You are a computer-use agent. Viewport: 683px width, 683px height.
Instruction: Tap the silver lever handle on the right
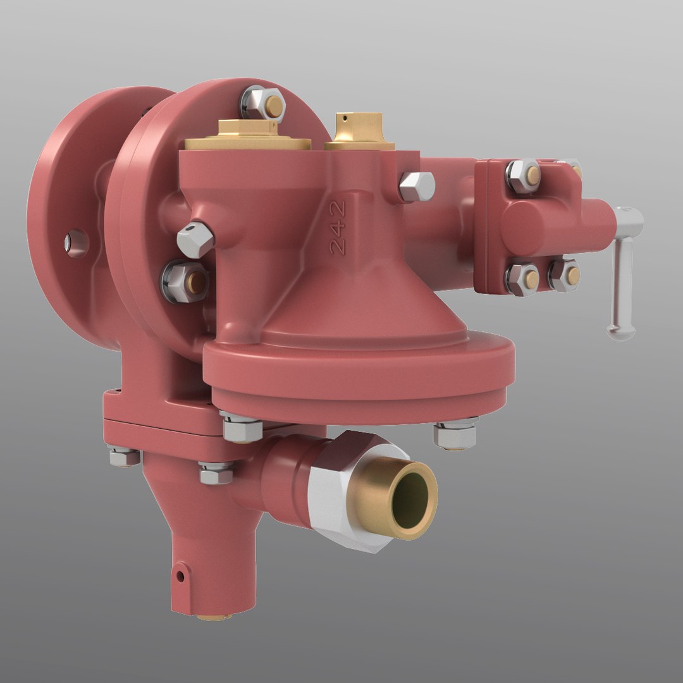(x=623, y=272)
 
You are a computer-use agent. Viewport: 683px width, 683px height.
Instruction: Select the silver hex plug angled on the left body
(x=195, y=239)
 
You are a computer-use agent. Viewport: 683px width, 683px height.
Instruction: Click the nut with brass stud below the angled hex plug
(x=186, y=281)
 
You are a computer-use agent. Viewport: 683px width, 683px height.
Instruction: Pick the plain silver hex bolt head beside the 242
(x=417, y=187)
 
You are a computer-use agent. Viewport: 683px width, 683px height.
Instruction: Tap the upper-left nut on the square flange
(x=524, y=175)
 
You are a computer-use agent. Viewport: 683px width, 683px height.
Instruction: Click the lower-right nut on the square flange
(x=564, y=275)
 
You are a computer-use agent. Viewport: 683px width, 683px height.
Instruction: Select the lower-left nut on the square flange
(x=522, y=278)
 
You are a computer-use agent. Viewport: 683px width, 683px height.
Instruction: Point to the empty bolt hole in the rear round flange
(x=77, y=242)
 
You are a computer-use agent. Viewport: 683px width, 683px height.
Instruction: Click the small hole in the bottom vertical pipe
(x=180, y=576)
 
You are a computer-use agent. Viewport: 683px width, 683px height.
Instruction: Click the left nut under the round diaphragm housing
(x=242, y=428)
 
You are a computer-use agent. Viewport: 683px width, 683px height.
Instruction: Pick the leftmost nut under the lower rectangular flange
(x=125, y=456)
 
